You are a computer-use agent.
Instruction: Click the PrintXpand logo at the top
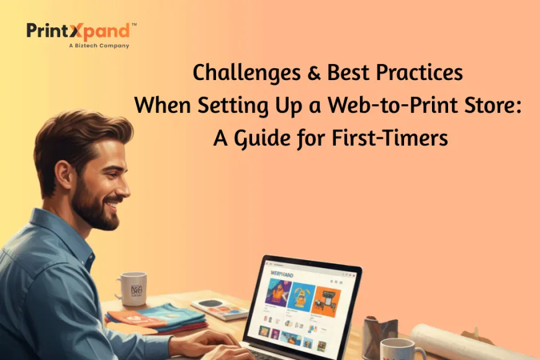[78, 31]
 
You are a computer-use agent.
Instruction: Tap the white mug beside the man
[132, 288]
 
